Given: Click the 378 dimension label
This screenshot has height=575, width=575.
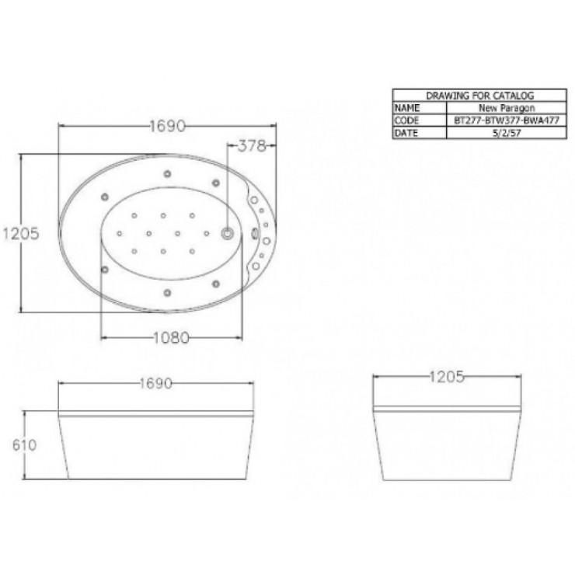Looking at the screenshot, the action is click(252, 146).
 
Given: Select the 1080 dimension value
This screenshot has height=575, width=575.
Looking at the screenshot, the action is click(171, 337).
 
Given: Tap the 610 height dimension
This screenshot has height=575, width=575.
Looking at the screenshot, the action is click(25, 444).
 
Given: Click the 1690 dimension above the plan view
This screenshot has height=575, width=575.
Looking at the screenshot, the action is click(168, 126).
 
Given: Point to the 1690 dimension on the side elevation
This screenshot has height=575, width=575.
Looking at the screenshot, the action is click(156, 384).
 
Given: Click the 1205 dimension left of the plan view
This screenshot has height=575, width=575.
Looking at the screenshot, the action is click(21, 234).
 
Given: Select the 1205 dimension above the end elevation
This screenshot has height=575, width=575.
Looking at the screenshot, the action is click(446, 377).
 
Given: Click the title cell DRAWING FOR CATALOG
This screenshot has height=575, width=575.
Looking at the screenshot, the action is click(479, 96).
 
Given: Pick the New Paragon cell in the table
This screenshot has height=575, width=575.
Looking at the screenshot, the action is click(507, 108).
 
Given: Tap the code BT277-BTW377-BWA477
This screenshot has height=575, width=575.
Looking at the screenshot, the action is click(507, 120).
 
